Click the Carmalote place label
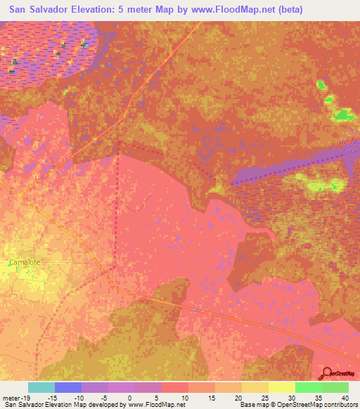25,262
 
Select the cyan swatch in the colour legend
41,387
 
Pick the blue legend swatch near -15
68,387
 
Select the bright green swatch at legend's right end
335,387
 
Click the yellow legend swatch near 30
282,387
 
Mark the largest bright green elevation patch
342,115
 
